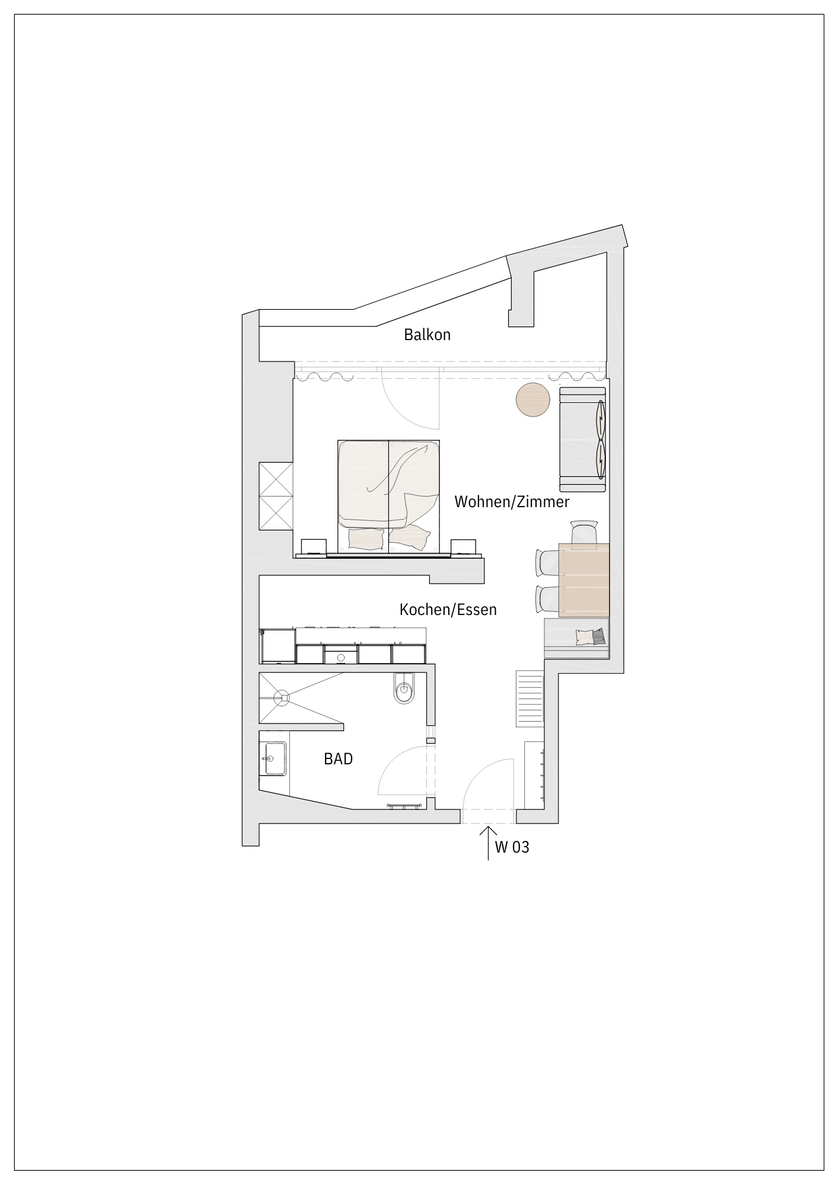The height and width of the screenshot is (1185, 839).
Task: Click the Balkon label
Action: coord(427,335)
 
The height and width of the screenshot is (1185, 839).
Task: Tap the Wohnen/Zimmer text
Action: coord(512,502)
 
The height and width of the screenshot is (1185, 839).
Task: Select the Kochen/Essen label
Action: coord(448,609)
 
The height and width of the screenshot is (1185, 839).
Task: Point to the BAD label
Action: coord(338,758)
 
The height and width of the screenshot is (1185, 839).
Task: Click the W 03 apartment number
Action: coord(512,847)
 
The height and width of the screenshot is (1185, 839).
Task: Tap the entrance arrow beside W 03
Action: coord(488,843)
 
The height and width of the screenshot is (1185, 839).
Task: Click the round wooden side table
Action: coord(532,400)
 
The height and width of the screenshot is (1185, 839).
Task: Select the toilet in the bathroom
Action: coord(405,688)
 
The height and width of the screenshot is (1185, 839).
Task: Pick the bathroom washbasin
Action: coord(275,759)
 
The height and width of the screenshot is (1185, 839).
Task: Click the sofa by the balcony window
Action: coord(582,439)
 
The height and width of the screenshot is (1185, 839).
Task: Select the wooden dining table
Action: coord(584,578)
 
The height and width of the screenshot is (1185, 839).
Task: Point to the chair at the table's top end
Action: coord(584,531)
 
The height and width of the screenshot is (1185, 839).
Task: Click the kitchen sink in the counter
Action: coord(341,656)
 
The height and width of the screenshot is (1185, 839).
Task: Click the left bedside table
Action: coord(314,547)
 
